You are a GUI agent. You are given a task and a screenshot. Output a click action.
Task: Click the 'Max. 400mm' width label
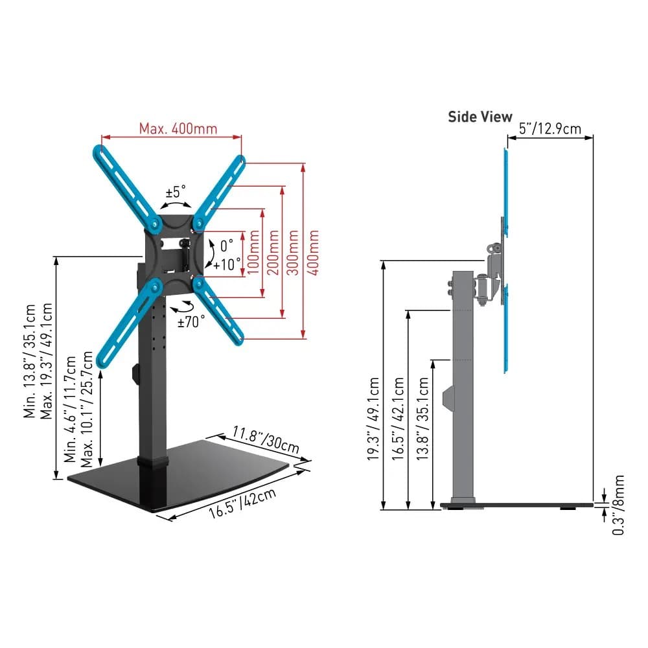tap(178, 128)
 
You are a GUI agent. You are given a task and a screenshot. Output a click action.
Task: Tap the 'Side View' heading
tap(480, 117)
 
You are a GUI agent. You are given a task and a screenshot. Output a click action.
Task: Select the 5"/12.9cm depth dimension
tap(550, 128)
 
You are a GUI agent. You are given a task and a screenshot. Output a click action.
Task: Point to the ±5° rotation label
tap(176, 192)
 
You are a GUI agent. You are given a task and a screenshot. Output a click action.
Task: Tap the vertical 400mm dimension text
tap(313, 252)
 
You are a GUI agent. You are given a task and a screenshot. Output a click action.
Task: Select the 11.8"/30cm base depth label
tap(266, 439)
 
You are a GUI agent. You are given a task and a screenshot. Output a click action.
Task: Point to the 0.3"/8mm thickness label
tap(619, 505)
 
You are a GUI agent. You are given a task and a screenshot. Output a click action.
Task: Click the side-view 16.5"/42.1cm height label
tap(399, 420)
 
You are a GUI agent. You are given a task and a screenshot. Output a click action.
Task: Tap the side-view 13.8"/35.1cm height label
tap(422, 420)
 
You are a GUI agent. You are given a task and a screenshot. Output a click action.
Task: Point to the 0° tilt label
tap(226, 246)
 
